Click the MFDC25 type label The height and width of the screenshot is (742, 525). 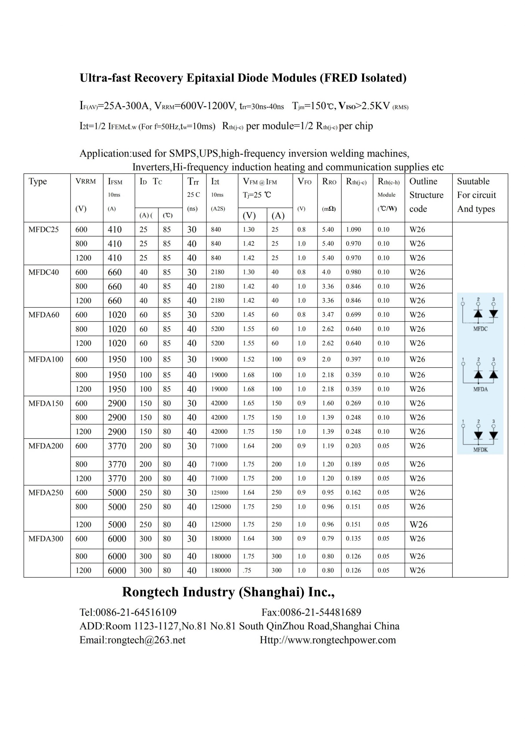click(44, 230)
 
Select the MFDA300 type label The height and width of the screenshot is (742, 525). click(46, 539)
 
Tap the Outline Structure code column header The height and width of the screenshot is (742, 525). click(426, 195)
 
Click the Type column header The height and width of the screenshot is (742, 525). click(37, 181)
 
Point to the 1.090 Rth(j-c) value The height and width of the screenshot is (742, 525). click(353, 230)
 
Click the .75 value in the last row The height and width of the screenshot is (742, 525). click(247, 570)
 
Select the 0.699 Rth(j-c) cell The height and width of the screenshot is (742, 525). click(353, 314)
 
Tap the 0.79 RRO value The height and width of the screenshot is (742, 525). click(328, 539)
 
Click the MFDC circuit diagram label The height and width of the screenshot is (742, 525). click(480, 329)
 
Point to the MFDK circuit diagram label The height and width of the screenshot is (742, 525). click(480, 450)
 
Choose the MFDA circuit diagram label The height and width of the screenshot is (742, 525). click(480, 389)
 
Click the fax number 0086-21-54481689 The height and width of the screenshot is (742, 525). click(320, 612)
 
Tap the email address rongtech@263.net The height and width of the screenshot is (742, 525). click(146, 640)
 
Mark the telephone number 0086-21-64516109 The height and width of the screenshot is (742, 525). click(136, 612)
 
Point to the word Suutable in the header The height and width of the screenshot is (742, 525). click(473, 181)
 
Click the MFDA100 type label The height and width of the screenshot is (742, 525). click(46, 359)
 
